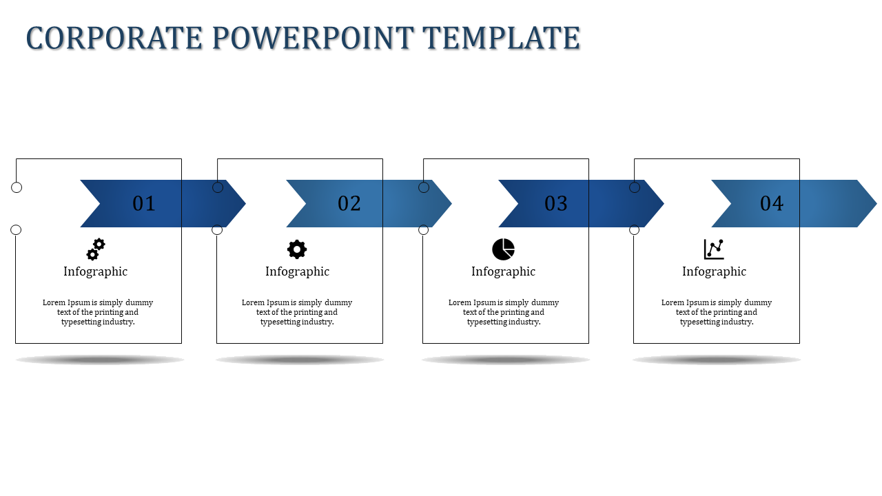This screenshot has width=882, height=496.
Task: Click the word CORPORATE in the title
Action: [x=114, y=38]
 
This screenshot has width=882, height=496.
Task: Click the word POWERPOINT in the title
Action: [x=312, y=38]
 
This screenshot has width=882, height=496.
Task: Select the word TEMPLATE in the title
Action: [x=501, y=38]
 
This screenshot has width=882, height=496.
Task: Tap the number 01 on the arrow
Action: [x=144, y=203]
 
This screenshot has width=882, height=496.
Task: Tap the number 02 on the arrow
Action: [x=349, y=203]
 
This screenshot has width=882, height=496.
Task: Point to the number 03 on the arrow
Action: [x=556, y=203]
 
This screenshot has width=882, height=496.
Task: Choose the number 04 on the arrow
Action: [x=772, y=203]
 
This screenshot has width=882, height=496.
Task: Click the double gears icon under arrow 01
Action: [x=96, y=249]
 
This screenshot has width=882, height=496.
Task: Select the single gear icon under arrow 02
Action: [x=297, y=249]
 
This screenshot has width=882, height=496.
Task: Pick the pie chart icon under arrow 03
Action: [x=503, y=249]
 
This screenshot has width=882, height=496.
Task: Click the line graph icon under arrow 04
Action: [x=714, y=249]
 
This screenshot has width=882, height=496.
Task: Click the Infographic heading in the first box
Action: [x=96, y=271]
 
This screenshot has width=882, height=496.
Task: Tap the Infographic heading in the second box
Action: [x=297, y=271]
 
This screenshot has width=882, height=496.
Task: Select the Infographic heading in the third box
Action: [x=503, y=271]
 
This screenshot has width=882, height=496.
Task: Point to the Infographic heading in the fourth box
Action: [x=714, y=271]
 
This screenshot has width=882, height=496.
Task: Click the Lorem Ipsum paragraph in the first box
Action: [x=98, y=312]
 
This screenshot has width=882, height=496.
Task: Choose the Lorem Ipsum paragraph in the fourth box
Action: [x=717, y=312]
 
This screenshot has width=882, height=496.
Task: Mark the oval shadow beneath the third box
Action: [x=506, y=360]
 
